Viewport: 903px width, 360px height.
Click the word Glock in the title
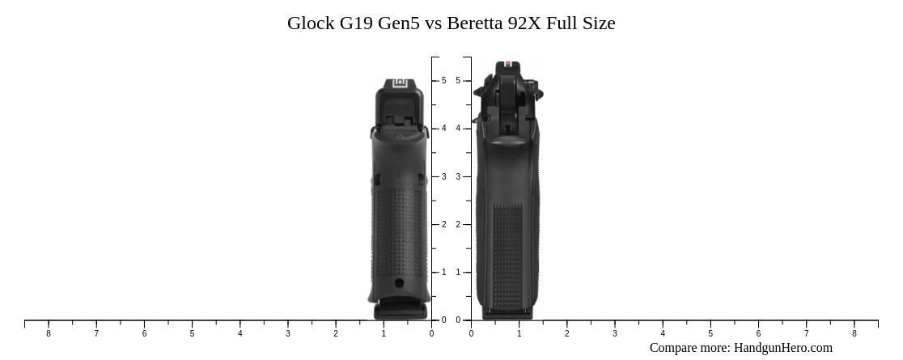tap(311, 23)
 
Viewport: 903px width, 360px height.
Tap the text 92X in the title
tap(524, 23)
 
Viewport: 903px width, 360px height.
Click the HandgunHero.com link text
tap(782, 348)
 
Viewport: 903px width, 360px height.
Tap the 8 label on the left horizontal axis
tap(49, 333)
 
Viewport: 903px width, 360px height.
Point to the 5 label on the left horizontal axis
tap(192, 333)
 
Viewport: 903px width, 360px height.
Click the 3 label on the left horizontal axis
tap(288, 333)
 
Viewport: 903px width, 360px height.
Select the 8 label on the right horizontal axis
tap(854, 333)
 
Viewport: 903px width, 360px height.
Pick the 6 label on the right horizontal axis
tap(758, 333)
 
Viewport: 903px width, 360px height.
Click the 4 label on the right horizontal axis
tap(663, 333)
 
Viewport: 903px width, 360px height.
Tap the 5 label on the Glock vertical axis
tap(444, 81)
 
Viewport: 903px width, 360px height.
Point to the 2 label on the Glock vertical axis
tap(444, 225)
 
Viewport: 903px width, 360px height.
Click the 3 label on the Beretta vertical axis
tap(458, 177)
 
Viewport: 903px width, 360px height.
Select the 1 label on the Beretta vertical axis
tap(458, 273)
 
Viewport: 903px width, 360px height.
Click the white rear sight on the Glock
tap(399, 84)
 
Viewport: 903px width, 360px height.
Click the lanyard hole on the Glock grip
tap(399, 283)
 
